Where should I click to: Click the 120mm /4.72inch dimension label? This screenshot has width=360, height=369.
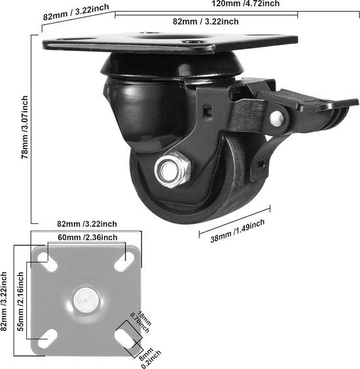(x=245, y=3)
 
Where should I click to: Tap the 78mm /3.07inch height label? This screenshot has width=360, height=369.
(x=25, y=127)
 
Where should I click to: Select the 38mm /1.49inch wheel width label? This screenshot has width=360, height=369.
(x=238, y=231)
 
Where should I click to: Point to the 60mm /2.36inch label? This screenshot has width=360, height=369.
(x=88, y=237)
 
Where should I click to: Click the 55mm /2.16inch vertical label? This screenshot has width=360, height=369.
(x=21, y=302)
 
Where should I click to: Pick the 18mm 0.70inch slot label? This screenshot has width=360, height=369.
(x=141, y=322)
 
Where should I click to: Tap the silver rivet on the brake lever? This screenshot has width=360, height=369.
(x=277, y=118)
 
